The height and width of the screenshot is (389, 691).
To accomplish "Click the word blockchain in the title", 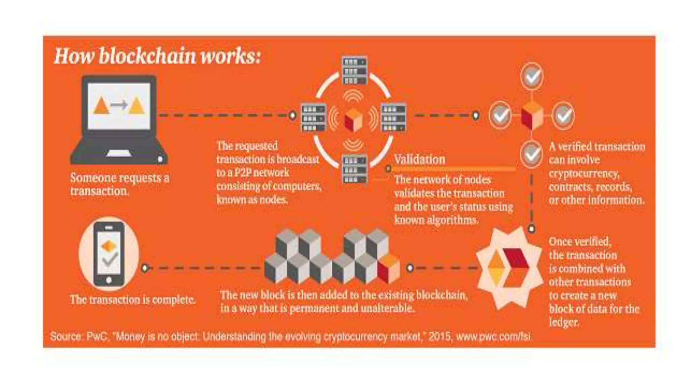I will pyautogui.click(x=147, y=56).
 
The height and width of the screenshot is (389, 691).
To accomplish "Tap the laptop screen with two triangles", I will pyautogui.click(x=119, y=106).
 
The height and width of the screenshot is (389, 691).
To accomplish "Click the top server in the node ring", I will pyautogui.click(x=354, y=71).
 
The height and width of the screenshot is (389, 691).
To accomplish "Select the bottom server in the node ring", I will pyautogui.click(x=354, y=169).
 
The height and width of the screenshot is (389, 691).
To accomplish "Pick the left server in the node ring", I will pyautogui.click(x=313, y=118).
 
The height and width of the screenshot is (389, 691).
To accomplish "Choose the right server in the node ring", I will pyautogui.click(x=393, y=118).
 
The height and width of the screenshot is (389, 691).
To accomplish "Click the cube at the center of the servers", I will pyautogui.click(x=353, y=120).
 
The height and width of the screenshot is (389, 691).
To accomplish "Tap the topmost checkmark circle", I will pyautogui.click(x=532, y=76).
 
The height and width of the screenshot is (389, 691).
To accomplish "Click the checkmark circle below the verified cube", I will pyautogui.click(x=531, y=154).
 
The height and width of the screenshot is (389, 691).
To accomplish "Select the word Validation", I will pyautogui.click(x=419, y=159).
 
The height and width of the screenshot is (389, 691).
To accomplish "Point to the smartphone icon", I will pyautogui.click(x=109, y=254).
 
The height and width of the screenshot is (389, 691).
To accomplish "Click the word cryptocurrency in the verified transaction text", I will pyautogui.click(x=584, y=174).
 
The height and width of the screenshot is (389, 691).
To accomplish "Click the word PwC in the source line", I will pyautogui.click(x=97, y=336).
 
